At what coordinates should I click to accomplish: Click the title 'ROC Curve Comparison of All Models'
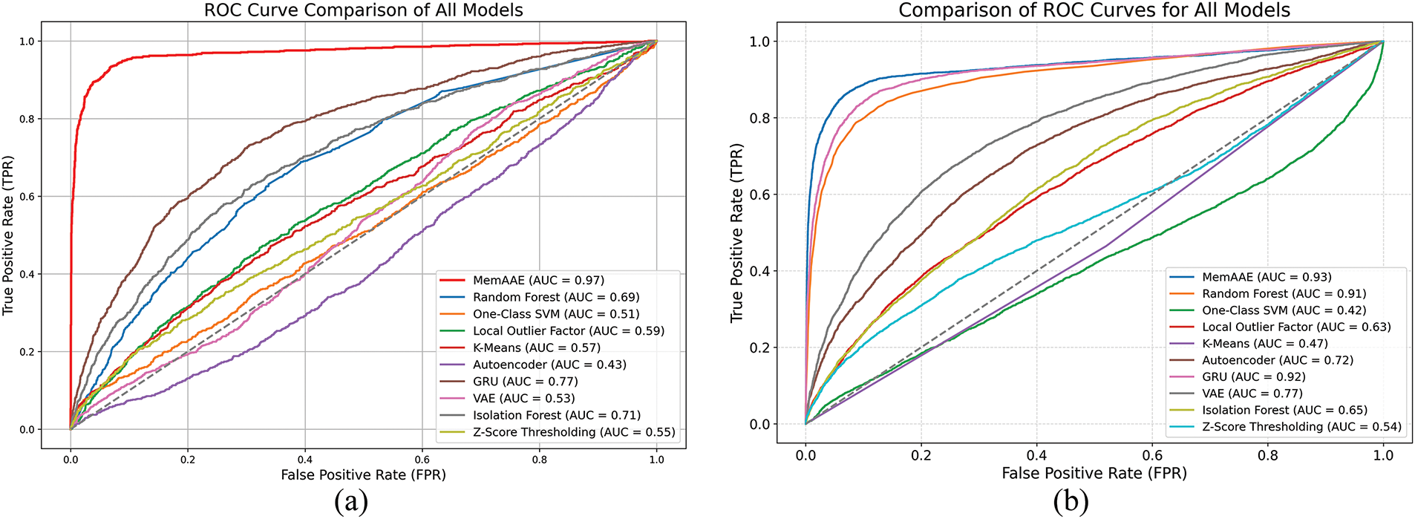tap(364, 10)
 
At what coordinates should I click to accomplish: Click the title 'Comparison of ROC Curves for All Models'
tap(1094, 10)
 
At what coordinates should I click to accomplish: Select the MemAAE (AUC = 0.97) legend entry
tap(538, 280)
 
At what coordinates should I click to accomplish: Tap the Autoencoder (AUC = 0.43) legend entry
tap(549, 365)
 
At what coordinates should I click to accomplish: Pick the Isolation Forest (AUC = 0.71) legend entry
tap(556, 415)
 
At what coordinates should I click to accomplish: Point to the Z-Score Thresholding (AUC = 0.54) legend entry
tap(1301, 426)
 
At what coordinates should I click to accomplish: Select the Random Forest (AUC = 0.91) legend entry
tap(1284, 293)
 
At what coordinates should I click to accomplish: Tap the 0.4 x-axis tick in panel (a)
tap(304, 460)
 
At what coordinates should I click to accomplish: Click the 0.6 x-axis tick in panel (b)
tap(1152, 454)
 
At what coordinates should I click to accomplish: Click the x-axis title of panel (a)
tap(363, 474)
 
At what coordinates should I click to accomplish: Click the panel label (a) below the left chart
tap(351, 503)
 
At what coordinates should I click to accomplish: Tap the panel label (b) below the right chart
tap(1070, 503)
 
